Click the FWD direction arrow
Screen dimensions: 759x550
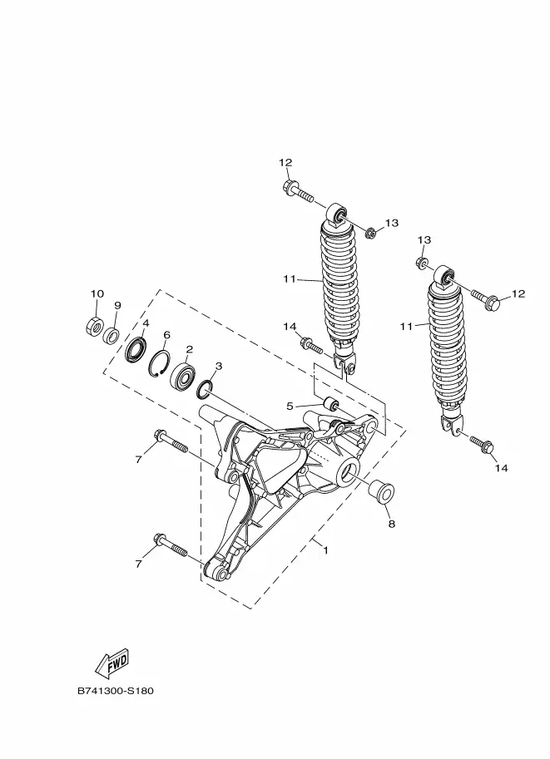(111, 663)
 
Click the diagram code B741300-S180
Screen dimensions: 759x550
(116, 691)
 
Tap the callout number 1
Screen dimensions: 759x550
(325, 550)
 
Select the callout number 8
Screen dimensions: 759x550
(390, 525)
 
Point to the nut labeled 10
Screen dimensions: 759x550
(92, 325)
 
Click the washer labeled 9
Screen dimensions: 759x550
(110, 335)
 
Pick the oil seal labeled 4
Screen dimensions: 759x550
(135, 350)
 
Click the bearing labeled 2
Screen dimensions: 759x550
(183, 377)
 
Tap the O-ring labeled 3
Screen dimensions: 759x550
(207, 387)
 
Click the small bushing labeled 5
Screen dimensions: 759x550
(331, 405)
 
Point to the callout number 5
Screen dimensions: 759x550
(290, 407)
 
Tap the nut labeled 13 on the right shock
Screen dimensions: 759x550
(422, 264)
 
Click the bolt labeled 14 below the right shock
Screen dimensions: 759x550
(481, 443)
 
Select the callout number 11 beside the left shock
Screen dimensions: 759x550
(289, 279)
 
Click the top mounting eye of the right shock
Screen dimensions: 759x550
(447, 276)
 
